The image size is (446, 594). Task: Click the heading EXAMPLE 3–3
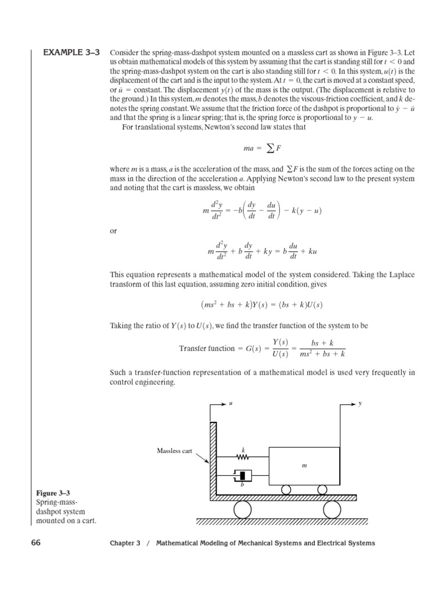71,52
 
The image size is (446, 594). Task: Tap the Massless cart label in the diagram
174,451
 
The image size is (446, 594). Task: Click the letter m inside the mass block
303,466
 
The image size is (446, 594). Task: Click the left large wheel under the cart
242,509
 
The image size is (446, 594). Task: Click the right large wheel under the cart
332,509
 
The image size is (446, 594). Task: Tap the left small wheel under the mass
286,490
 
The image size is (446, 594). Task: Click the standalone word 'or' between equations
114,231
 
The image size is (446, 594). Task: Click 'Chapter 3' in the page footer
125,544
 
